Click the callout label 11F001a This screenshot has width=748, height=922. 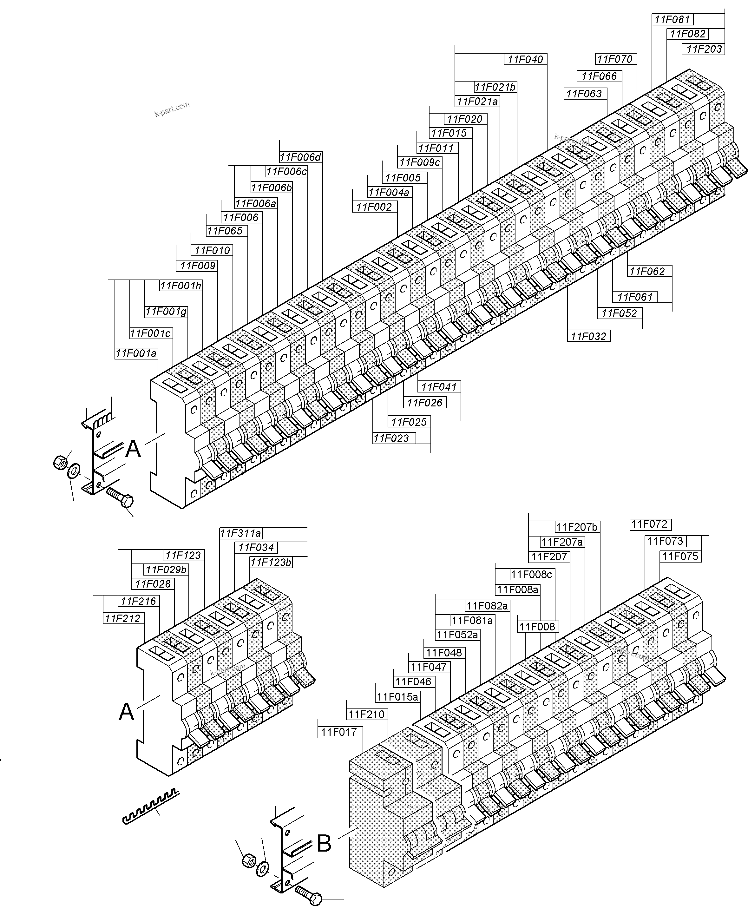click(x=136, y=354)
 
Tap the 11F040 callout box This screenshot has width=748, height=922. click(x=525, y=59)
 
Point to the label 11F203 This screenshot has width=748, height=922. click(x=704, y=49)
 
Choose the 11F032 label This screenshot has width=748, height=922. click(x=588, y=337)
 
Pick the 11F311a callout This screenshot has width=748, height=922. click(x=240, y=533)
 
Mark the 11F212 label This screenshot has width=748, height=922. click(x=123, y=619)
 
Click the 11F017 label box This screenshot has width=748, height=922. click(x=339, y=732)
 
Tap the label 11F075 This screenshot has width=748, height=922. click(x=680, y=556)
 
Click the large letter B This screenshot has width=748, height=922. click(x=324, y=844)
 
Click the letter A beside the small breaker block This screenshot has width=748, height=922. click(x=126, y=711)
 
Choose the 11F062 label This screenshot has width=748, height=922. click(x=647, y=272)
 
